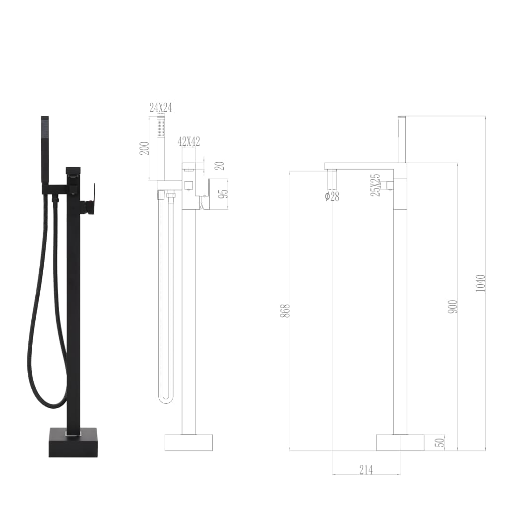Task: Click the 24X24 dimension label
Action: (x=161, y=108)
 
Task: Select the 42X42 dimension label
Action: (x=189, y=141)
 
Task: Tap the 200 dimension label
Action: (x=144, y=148)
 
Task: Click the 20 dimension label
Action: (x=219, y=166)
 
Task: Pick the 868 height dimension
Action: (x=285, y=311)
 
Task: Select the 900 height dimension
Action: (x=452, y=306)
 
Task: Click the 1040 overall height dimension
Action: (x=480, y=283)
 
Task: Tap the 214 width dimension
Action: (x=366, y=470)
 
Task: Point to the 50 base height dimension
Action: (x=439, y=442)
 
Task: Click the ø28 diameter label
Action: (x=332, y=196)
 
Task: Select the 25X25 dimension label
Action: (x=376, y=186)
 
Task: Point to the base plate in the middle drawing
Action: (x=189, y=443)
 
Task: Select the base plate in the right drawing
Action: (x=400, y=443)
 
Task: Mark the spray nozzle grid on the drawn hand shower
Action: (x=161, y=128)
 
